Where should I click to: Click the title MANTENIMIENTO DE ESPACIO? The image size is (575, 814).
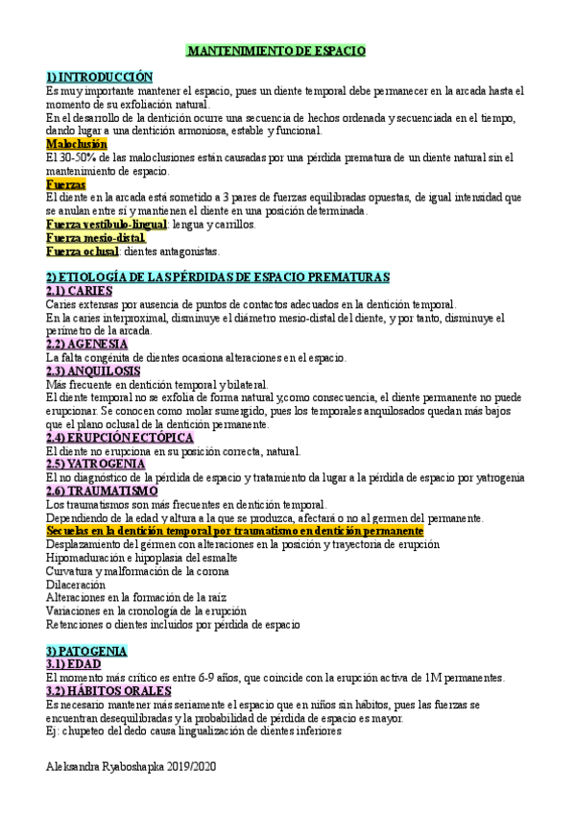(276, 50)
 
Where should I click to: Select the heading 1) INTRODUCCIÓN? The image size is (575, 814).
(100, 76)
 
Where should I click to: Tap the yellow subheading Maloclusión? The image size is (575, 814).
(77, 144)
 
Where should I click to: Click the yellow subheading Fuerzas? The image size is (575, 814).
(66, 184)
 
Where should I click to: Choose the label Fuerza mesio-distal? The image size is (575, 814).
(96, 238)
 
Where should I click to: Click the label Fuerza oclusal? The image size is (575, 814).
(82, 251)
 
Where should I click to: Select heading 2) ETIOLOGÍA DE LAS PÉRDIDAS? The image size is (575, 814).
(218, 277)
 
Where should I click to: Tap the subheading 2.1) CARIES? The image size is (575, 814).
(80, 291)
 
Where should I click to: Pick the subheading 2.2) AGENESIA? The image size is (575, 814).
(87, 345)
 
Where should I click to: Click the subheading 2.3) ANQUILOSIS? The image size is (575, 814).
(93, 371)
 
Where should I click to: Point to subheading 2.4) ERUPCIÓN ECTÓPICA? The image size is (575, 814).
(116, 438)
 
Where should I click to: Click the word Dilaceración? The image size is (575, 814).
(77, 584)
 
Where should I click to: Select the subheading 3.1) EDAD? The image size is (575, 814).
(74, 663)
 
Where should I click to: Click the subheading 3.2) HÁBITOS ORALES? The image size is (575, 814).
(108, 690)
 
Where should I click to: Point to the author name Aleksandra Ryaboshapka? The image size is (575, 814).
(112, 770)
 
